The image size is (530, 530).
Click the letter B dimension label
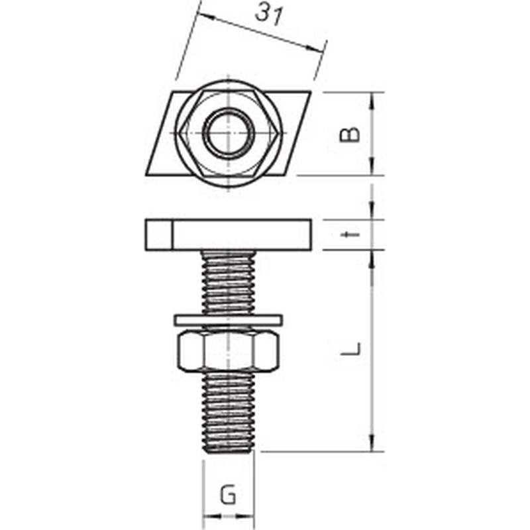(x=350, y=134)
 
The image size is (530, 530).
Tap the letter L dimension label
(x=350, y=349)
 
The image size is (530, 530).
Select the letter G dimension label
(x=228, y=494)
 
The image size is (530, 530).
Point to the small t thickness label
(x=350, y=235)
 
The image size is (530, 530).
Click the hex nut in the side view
(x=229, y=351)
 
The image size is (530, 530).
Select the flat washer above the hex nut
(x=229, y=320)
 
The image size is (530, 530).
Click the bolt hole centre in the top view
(x=229, y=133)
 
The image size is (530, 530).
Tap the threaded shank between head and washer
(x=229, y=283)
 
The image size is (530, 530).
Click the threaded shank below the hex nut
(x=229, y=411)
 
